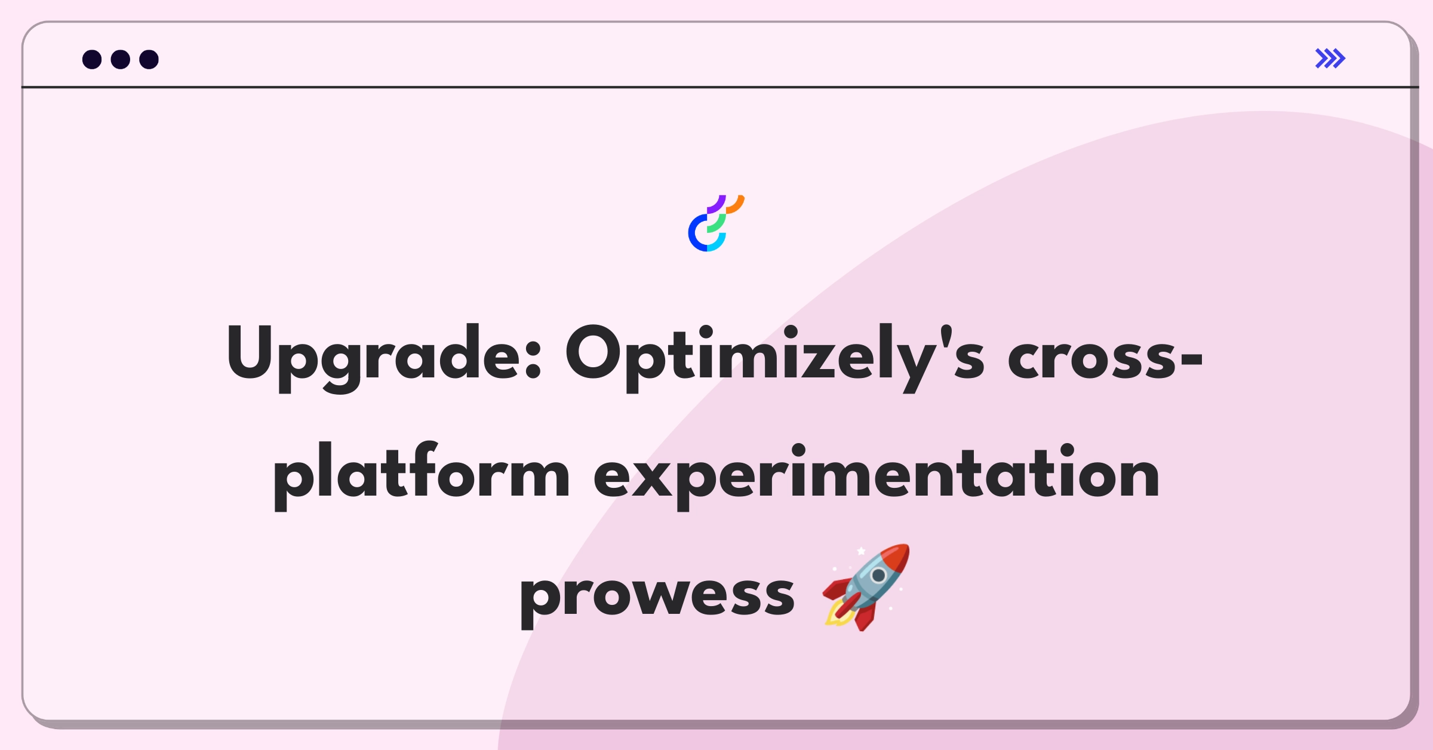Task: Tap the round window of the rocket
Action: [878, 576]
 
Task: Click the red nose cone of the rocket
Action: [896, 558]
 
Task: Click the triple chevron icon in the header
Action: [1330, 59]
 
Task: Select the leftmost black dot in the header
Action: [92, 60]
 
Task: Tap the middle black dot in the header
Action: [121, 60]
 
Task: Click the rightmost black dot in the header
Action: [149, 60]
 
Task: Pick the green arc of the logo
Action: [718, 225]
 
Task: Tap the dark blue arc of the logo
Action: [694, 234]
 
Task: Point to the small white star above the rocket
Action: [861, 551]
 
